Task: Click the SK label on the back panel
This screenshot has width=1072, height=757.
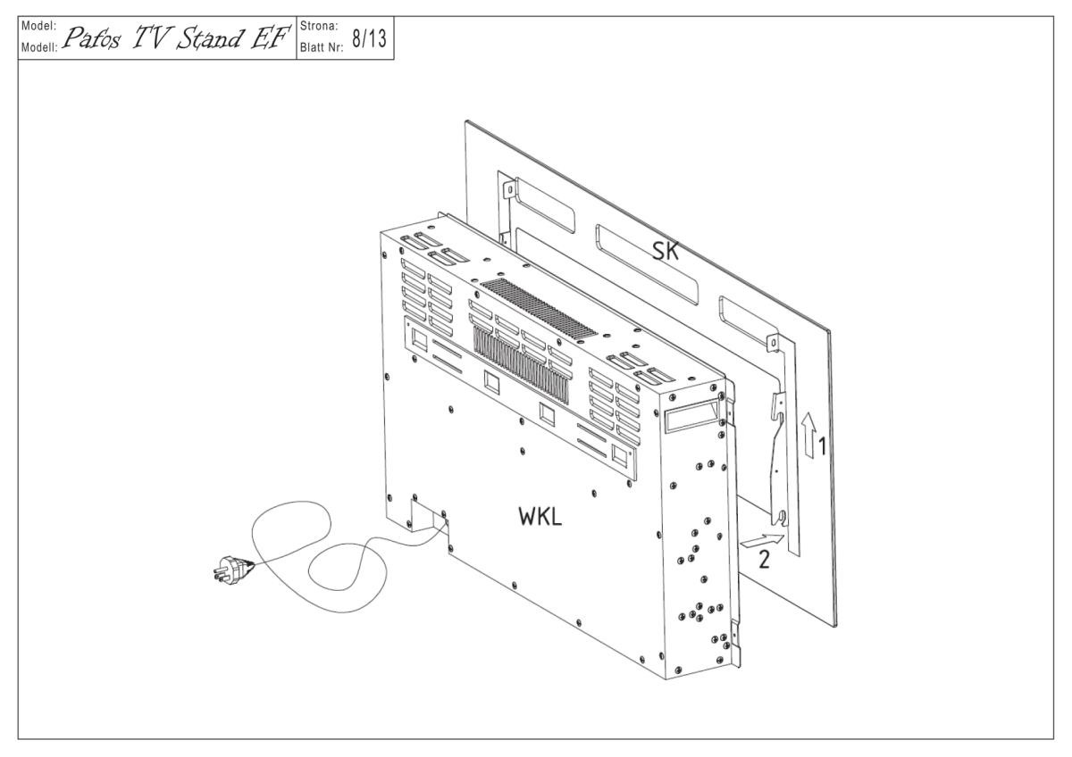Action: [666, 252]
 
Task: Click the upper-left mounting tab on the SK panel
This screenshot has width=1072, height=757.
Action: [507, 190]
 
